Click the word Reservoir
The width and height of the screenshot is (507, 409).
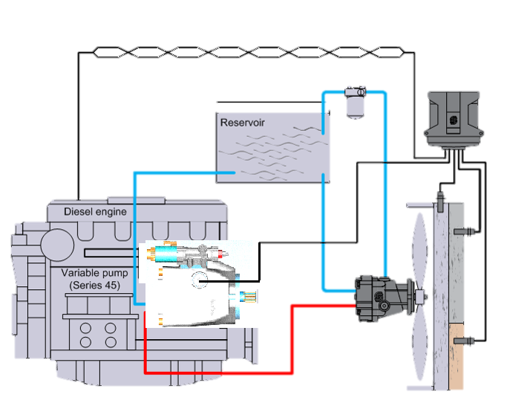point(242,122)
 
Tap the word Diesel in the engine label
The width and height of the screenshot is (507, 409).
point(79,212)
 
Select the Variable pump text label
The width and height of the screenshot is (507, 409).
point(94,273)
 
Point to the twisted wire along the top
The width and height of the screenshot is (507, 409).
point(245,52)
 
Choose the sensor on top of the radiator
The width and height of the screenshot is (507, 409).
point(441,200)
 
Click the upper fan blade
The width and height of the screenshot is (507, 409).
point(421,245)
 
